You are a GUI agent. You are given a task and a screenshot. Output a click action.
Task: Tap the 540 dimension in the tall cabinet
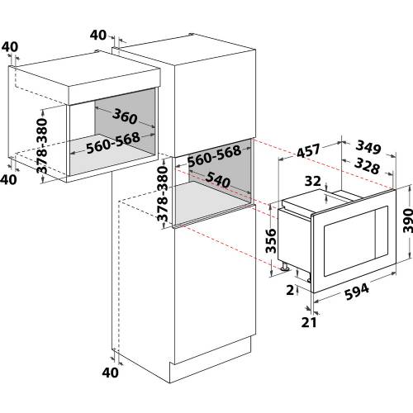(x=213, y=178)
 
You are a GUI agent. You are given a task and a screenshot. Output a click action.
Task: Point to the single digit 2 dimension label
(x=289, y=291)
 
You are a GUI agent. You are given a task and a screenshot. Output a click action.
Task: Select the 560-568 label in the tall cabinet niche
(x=213, y=153)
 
